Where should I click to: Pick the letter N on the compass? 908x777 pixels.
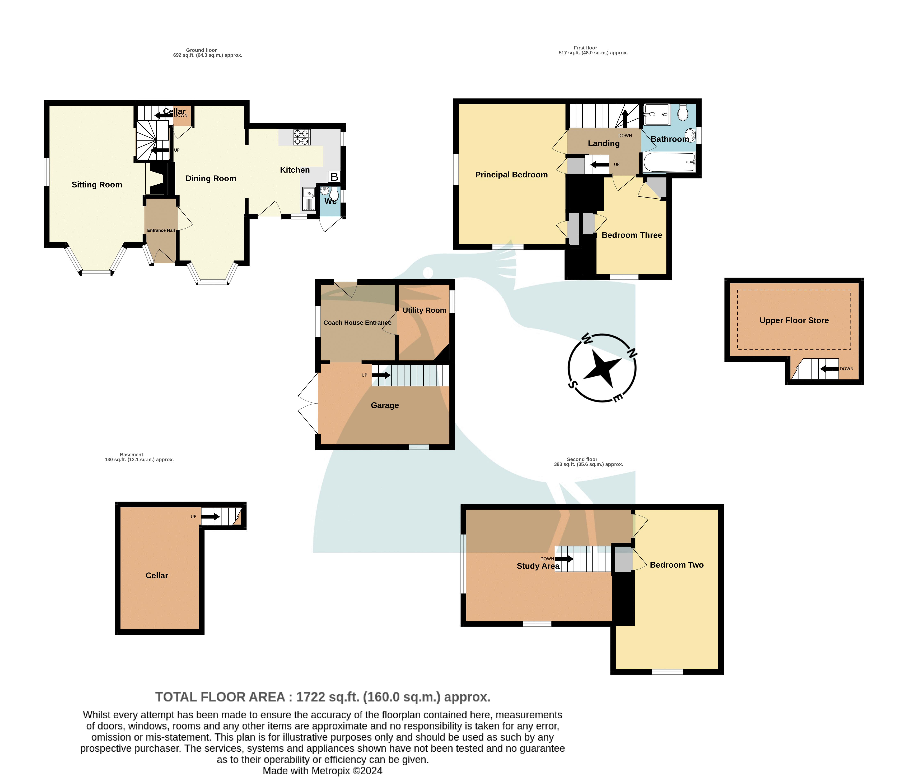tap(632, 353)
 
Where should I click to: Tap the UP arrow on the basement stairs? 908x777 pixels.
tap(210, 517)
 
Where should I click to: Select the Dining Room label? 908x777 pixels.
tap(211, 178)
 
